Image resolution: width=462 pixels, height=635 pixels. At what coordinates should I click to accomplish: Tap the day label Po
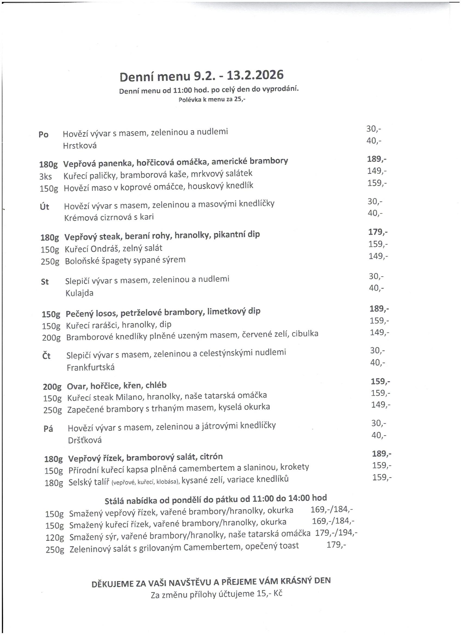pos(43,135)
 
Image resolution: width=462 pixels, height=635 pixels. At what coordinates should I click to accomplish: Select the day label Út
pos(45,207)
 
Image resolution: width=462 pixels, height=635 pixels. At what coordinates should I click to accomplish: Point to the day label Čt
pos(46,356)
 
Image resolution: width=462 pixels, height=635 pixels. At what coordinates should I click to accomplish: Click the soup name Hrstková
pos(80,146)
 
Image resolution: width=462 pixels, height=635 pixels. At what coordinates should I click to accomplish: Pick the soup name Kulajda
pos(79,293)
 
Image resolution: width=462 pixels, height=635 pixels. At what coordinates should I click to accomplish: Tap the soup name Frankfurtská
pos(90,367)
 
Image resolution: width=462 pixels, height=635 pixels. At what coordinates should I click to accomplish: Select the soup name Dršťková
pos(85,440)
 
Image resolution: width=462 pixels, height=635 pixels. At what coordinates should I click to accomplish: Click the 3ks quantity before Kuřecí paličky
pos(46,177)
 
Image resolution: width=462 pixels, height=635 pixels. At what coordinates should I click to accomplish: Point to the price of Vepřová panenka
pos(377,159)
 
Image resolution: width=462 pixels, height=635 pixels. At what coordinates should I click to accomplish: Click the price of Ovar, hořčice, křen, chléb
pos(380,381)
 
